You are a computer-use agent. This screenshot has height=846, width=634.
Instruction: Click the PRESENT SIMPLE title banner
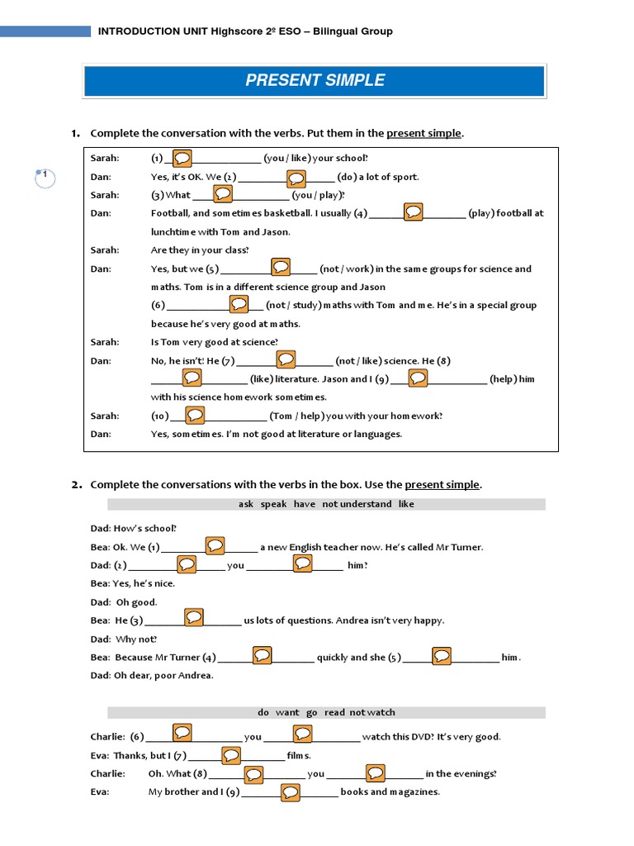pyautogui.click(x=315, y=81)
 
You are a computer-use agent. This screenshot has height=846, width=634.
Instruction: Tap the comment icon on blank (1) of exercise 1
pyautogui.click(x=183, y=157)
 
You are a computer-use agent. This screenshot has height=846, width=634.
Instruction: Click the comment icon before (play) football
pyautogui.click(x=413, y=212)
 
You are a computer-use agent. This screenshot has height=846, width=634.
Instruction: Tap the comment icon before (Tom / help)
pyautogui.click(x=195, y=415)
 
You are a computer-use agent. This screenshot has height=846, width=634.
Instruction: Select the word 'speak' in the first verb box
pyautogui.click(x=273, y=504)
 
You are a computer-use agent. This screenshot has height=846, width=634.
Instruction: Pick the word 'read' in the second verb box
pyautogui.click(x=334, y=712)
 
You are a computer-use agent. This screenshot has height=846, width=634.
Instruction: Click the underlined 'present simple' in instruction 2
pyautogui.click(x=442, y=485)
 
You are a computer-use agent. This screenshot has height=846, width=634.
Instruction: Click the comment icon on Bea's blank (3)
pyautogui.click(x=194, y=617)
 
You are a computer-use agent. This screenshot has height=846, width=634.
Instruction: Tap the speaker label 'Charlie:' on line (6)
pyautogui.click(x=107, y=737)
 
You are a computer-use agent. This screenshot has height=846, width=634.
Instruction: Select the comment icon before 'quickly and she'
pyautogui.click(x=262, y=655)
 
